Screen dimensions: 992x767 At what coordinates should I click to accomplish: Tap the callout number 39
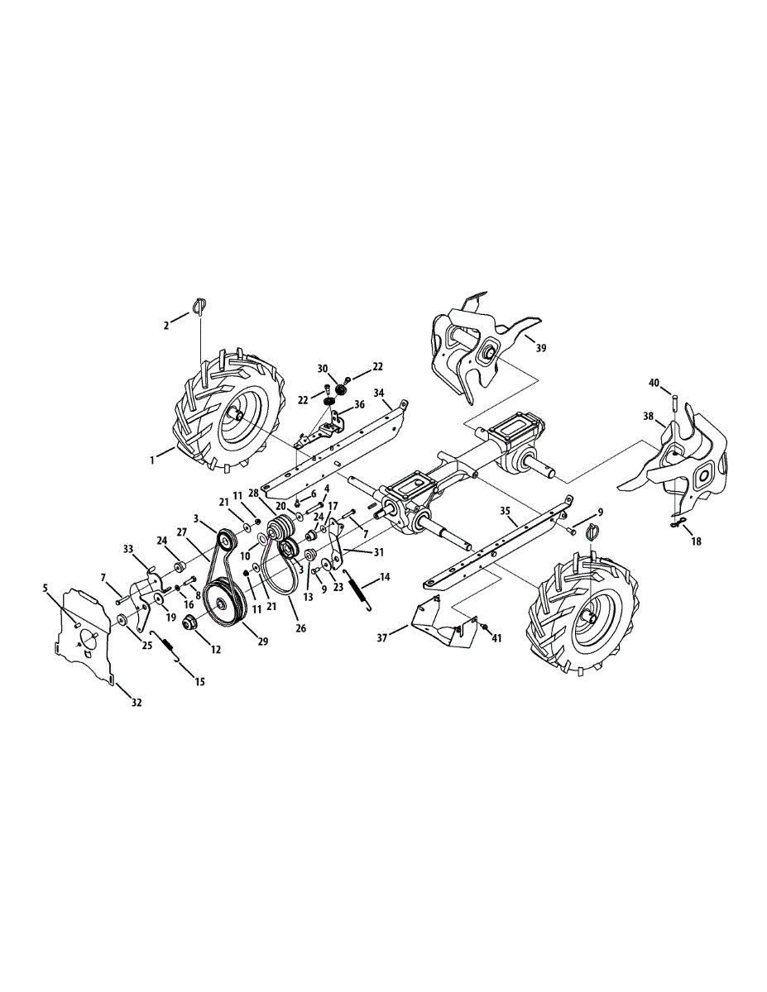click(x=540, y=348)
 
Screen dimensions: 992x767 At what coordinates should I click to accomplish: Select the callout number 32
click(x=137, y=702)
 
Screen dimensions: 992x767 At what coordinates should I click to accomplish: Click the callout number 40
click(x=654, y=383)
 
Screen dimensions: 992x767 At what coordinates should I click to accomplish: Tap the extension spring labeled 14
click(x=354, y=591)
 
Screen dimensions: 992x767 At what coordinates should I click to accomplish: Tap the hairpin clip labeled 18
click(x=677, y=522)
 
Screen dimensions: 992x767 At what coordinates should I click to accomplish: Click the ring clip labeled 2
click(x=200, y=305)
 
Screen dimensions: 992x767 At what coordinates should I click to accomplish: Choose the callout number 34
click(x=379, y=393)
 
